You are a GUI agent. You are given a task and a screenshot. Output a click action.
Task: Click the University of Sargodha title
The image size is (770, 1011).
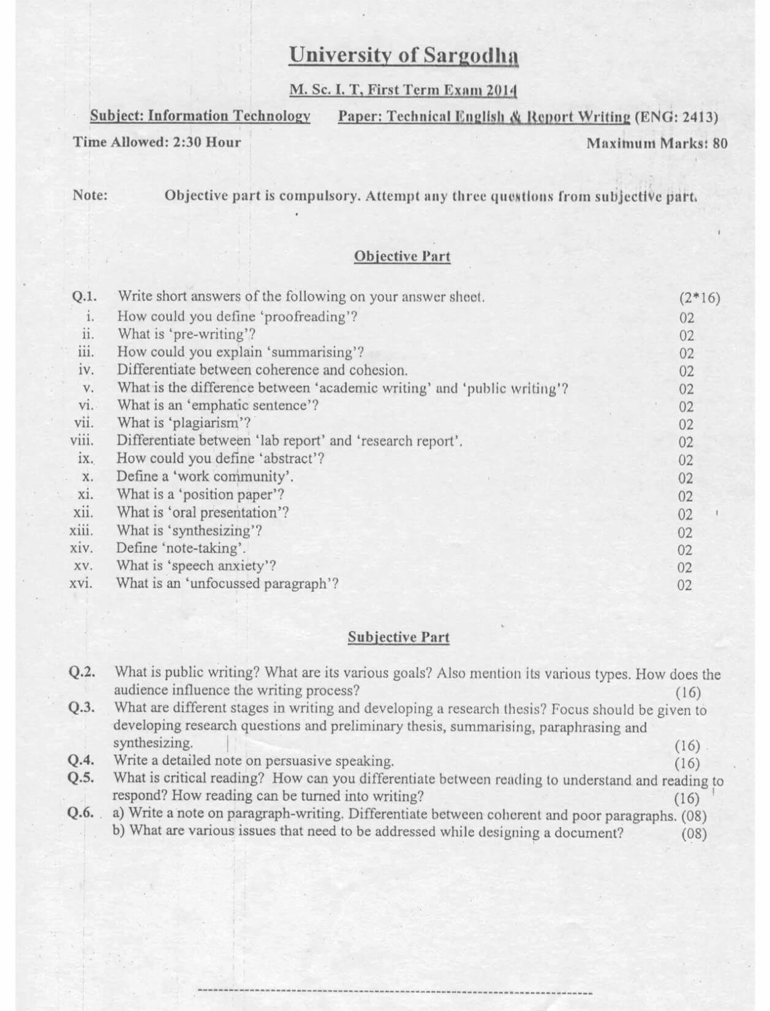click(404, 56)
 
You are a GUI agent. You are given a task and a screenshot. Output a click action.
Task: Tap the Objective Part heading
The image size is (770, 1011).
click(402, 256)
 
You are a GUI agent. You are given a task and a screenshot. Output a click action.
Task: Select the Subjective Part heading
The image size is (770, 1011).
click(398, 637)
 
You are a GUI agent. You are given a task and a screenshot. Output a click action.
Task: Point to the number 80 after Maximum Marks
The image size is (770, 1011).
click(720, 143)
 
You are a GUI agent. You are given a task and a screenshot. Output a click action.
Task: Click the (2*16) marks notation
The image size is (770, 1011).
click(700, 298)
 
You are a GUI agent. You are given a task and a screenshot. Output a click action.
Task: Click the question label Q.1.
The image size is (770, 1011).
click(85, 297)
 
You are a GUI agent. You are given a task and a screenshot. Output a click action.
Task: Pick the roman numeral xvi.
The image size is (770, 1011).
click(81, 583)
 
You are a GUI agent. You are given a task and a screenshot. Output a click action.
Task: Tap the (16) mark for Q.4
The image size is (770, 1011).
click(687, 763)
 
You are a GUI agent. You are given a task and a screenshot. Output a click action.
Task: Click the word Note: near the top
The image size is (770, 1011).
click(90, 195)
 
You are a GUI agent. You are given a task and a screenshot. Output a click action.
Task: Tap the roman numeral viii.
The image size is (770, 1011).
click(82, 441)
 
